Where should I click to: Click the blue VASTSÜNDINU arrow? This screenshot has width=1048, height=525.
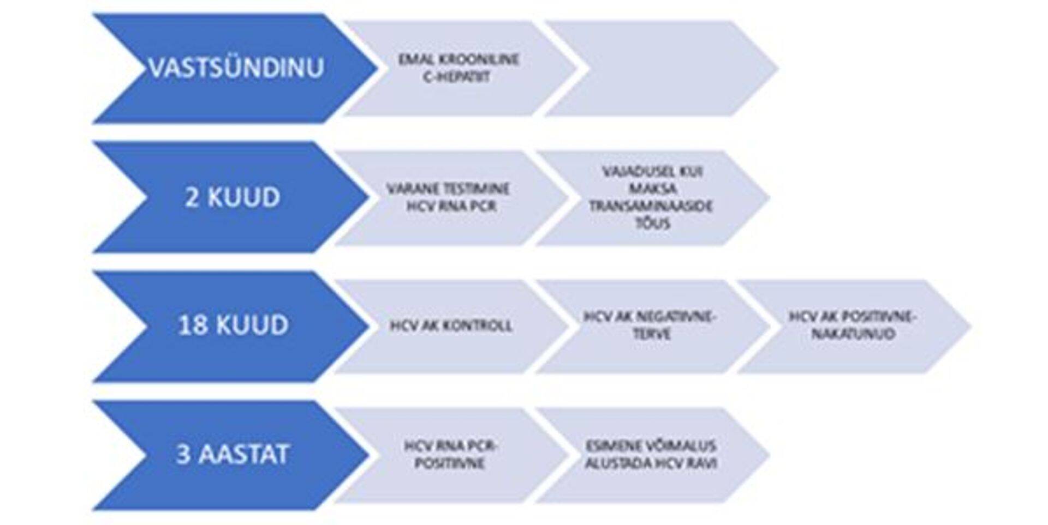[235, 69]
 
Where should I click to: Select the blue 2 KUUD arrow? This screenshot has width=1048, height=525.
[232, 197]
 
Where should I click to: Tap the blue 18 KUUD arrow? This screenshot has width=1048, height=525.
[232, 325]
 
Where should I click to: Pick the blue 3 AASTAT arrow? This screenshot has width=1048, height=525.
[232, 454]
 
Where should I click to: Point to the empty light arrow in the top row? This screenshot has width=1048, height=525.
[660, 68]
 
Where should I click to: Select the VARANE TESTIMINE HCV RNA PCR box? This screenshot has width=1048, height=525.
[449, 197]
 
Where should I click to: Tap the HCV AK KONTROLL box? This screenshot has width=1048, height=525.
[451, 326]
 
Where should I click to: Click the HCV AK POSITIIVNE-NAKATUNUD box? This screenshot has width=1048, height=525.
[853, 325]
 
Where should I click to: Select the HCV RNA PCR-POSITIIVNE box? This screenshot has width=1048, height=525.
[450, 455]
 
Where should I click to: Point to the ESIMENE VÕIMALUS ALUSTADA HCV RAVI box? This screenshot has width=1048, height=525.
[651, 455]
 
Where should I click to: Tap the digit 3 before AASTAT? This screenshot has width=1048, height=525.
[183, 454]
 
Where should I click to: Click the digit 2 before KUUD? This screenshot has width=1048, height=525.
[192, 197]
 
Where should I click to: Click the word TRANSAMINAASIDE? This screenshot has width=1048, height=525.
[651, 206]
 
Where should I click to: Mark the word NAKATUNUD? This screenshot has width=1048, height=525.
[853, 334]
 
